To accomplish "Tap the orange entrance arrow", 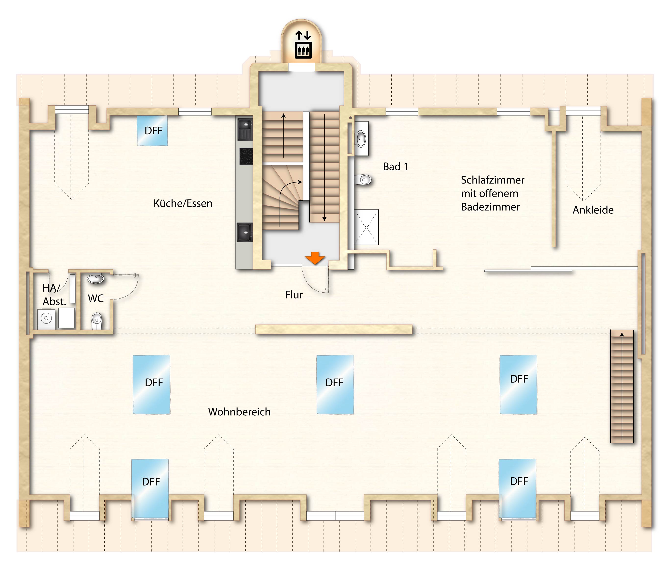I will [x=315, y=258].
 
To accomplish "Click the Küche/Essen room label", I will [x=183, y=204].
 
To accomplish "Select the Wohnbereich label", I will [x=239, y=412].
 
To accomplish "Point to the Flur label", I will [x=294, y=295].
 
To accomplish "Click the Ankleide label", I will [x=593, y=210].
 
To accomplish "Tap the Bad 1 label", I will [x=395, y=167].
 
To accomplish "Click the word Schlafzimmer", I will [x=492, y=180].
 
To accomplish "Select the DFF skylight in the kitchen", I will [x=152, y=131].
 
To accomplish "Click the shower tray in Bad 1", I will [x=366, y=227].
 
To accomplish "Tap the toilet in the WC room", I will [x=97, y=321].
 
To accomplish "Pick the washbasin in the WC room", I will [x=96, y=279].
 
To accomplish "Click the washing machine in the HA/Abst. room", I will [x=46, y=318].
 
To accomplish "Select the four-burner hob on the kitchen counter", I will [x=246, y=156].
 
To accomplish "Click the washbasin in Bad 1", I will [x=361, y=139].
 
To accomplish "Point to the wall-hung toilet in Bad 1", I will [x=364, y=180].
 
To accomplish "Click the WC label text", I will [x=96, y=298].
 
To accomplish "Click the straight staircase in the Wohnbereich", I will [x=622, y=386].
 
